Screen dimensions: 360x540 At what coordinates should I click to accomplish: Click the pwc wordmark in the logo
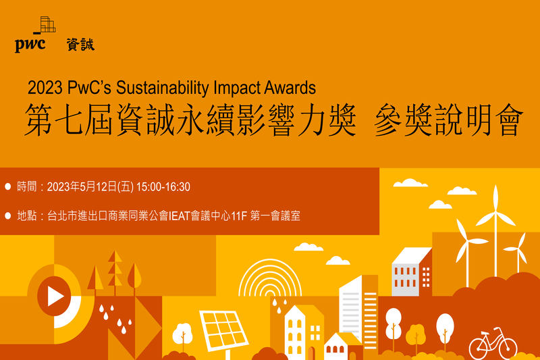click(x=30, y=45)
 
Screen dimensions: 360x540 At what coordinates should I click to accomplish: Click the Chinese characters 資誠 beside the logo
click(x=80, y=45)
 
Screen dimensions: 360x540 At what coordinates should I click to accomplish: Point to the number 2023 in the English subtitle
click(x=45, y=88)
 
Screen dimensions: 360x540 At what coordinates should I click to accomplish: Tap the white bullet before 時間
click(x=8, y=186)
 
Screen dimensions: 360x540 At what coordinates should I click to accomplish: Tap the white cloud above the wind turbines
click(x=410, y=182)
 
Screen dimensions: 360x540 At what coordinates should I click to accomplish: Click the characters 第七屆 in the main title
click(x=66, y=121)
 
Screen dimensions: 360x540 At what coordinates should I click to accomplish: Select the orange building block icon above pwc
click(x=46, y=24)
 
